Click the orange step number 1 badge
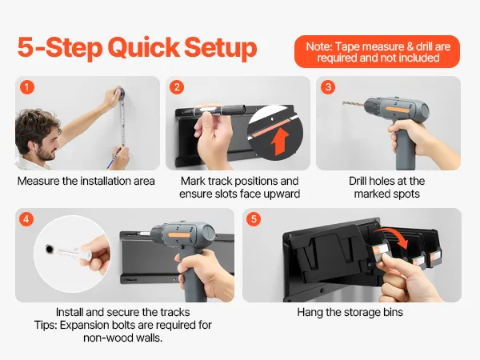tap(27, 87)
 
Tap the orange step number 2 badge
tap(177, 87)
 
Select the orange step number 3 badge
tap(328, 87)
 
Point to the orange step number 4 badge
tap(26, 219)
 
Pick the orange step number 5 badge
tap(254, 219)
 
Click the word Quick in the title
tap(143, 48)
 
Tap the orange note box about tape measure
tap(377, 52)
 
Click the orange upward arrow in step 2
tap(279, 142)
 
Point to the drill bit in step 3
tap(354, 104)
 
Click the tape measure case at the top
tap(119, 93)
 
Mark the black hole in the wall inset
tap(49, 249)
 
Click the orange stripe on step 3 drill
tap(397, 110)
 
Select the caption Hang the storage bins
tap(350, 312)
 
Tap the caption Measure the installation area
tap(86, 181)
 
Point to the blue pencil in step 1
tap(113, 158)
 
